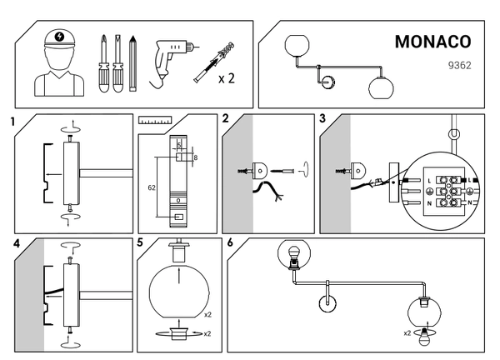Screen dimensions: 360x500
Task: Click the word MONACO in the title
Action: click(x=432, y=42)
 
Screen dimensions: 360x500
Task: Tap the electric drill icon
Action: click(x=170, y=59)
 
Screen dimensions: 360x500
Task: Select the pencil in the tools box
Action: click(x=132, y=62)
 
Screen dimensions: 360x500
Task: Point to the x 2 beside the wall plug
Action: click(x=226, y=79)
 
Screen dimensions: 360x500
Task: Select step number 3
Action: click(x=323, y=119)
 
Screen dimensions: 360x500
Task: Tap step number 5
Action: click(x=141, y=243)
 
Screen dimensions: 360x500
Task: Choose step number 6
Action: click(x=231, y=243)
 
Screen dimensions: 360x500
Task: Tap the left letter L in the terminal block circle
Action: click(x=428, y=181)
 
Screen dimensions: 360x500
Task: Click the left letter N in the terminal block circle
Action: click(x=428, y=203)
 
